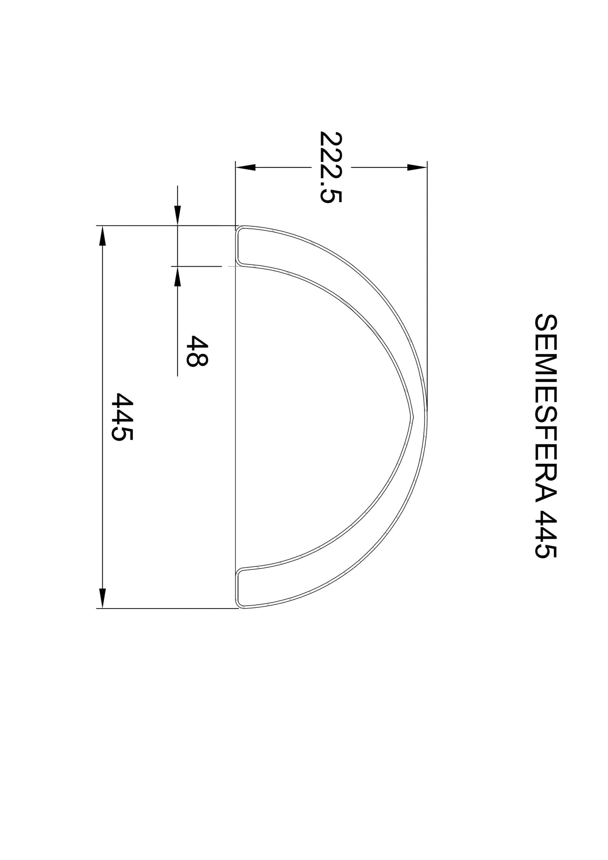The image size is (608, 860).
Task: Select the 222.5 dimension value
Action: pos(330,167)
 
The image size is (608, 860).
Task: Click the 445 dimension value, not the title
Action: pos(122,417)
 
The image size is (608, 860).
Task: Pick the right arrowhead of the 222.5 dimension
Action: pos(417,167)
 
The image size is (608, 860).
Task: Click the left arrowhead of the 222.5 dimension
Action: pos(246,167)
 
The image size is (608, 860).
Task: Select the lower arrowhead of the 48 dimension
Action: pos(178,276)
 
